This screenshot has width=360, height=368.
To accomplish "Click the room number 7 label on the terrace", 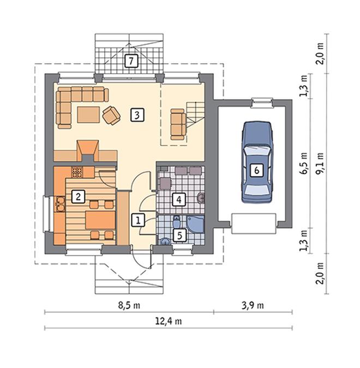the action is click(131, 61).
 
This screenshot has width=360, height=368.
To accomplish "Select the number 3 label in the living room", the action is click(137, 115).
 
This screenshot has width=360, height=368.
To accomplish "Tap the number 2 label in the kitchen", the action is click(78, 196).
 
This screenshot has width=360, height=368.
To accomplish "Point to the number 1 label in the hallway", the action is click(138, 220).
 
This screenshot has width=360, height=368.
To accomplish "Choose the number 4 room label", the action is click(179, 200).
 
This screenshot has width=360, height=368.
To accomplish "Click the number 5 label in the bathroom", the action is click(179, 235).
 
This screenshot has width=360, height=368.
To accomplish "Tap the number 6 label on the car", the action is click(257, 170).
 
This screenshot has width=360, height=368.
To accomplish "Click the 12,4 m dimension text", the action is click(169, 321).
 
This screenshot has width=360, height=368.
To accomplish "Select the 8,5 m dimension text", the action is click(129, 305).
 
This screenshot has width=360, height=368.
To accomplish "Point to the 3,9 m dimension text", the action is click(253, 305).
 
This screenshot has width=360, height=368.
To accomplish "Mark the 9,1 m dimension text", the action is click(320, 163).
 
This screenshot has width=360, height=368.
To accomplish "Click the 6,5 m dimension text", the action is click(303, 163).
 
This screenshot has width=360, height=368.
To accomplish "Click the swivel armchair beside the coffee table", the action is click(111, 115).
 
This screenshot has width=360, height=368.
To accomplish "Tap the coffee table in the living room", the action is click(88, 114).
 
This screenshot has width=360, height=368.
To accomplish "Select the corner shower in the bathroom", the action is click(195, 224).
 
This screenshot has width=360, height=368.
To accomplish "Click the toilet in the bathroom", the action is click(177, 222).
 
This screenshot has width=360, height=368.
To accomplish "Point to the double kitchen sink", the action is click(61, 204).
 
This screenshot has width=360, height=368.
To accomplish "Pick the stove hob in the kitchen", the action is click(77, 172).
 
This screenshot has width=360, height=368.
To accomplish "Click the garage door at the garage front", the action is click(254, 224).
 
